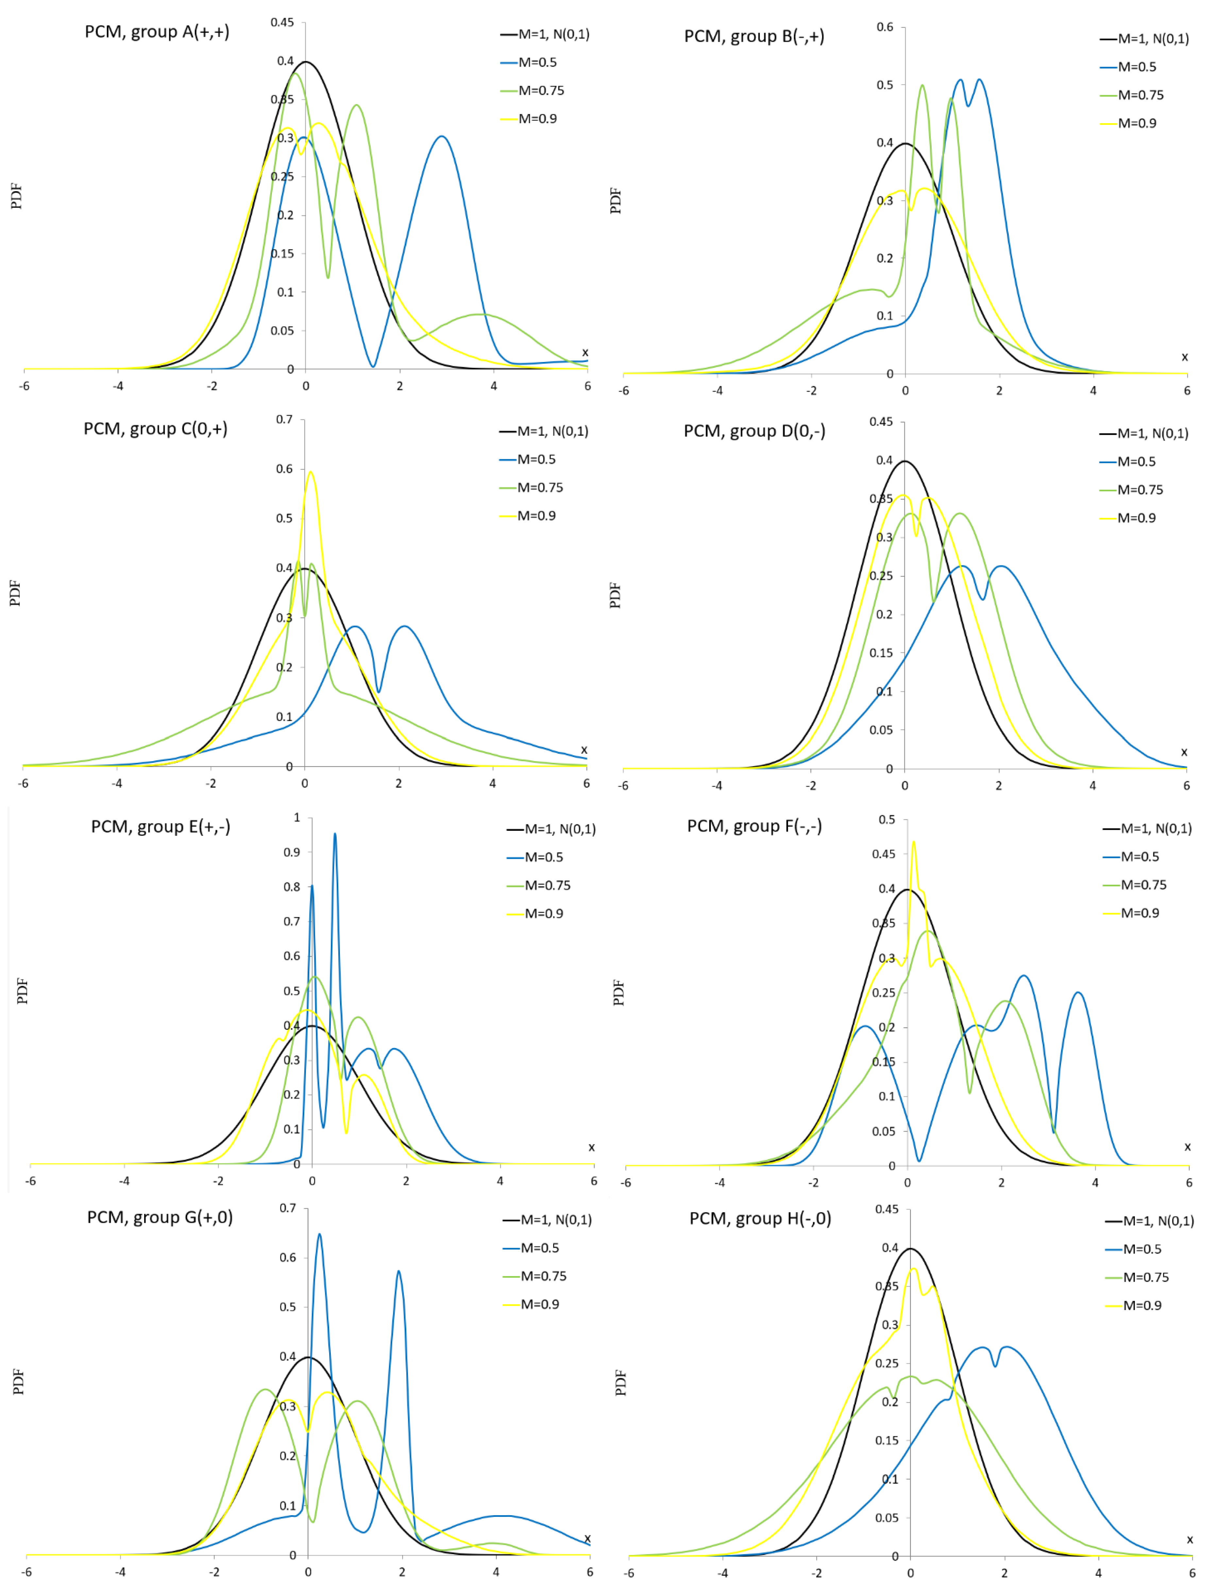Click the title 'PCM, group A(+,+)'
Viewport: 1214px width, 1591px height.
pyautogui.click(x=157, y=32)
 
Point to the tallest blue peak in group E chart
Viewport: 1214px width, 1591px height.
pyautogui.click(x=335, y=835)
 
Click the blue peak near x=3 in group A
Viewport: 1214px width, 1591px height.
pyautogui.click(x=442, y=137)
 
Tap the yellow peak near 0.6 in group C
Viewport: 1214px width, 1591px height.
pyautogui.click(x=311, y=472)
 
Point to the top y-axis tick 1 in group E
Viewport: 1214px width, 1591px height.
pyautogui.click(x=296, y=817)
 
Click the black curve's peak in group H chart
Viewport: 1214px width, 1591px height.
pyautogui.click(x=910, y=1249)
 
